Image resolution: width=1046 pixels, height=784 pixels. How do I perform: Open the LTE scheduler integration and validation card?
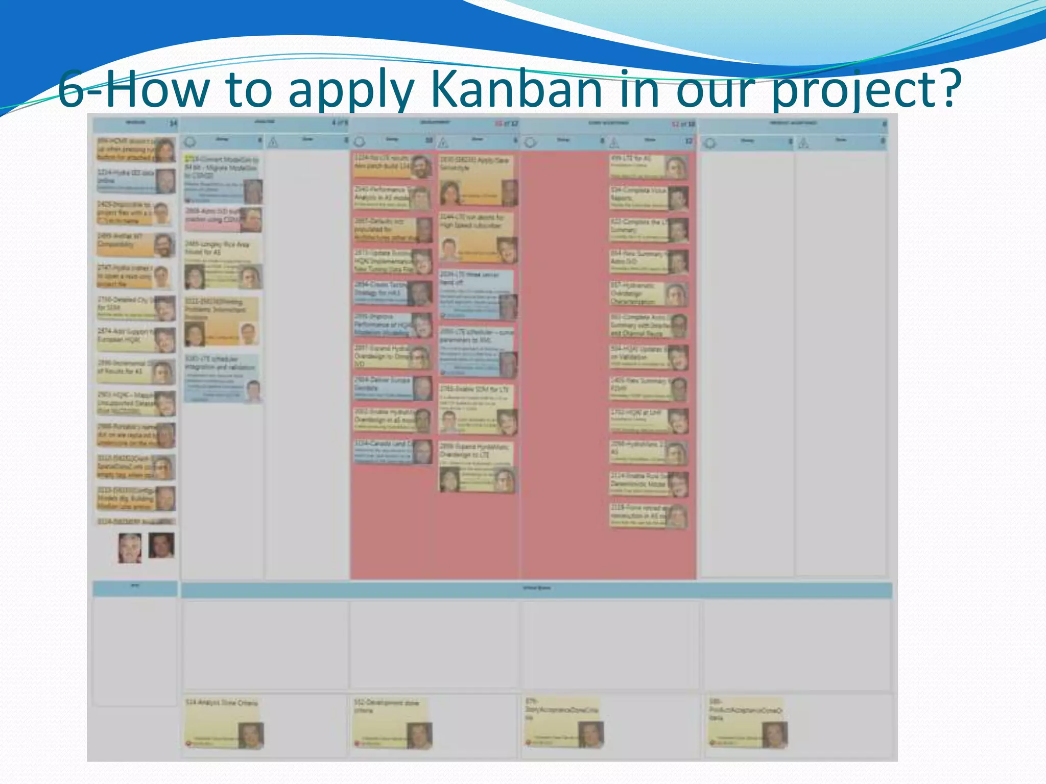pyautogui.click(x=222, y=378)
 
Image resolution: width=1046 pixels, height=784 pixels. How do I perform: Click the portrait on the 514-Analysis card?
pyautogui.click(x=251, y=735)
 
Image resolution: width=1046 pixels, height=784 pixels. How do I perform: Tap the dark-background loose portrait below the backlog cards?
pyautogui.click(x=161, y=545)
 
